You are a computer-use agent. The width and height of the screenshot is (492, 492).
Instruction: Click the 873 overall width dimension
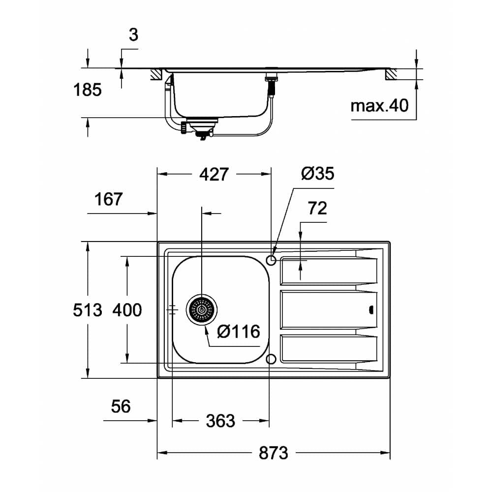[273, 452]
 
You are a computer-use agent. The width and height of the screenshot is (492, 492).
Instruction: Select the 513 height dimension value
[88, 310]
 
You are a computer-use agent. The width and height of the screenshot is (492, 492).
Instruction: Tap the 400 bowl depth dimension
[127, 310]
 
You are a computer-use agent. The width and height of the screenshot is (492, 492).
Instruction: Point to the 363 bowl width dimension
[220, 421]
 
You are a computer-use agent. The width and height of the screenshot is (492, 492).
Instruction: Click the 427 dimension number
[214, 174]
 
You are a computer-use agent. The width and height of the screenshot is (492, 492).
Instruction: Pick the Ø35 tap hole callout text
[317, 173]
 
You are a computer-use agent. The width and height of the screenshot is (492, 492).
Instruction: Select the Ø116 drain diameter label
[238, 332]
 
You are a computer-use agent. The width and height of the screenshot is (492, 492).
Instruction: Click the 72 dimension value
[317, 208]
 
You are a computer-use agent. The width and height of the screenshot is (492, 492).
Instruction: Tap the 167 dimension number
[108, 199]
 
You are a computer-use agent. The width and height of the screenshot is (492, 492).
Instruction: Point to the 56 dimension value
[120, 406]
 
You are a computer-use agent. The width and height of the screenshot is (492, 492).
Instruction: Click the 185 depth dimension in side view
[88, 90]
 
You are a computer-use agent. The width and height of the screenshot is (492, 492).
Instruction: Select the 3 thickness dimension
[134, 35]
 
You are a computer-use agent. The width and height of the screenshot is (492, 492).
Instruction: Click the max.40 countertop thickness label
[379, 105]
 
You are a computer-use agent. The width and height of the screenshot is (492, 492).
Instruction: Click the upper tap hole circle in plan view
[271, 259]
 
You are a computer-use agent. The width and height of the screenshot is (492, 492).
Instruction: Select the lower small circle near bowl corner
[271, 359]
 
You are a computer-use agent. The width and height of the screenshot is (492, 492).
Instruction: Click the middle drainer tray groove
[328, 310]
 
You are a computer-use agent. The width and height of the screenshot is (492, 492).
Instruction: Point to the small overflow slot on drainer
[370, 309]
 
